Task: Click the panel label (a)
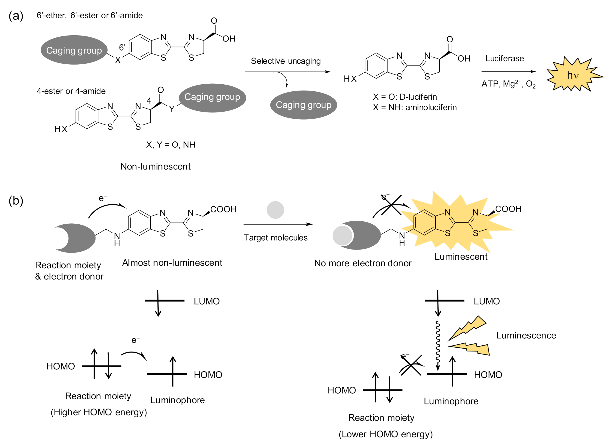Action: tap(16, 16)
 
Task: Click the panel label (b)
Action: tap(16, 201)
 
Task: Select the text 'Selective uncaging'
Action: tap(286, 61)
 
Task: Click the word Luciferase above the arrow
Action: tap(504, 58)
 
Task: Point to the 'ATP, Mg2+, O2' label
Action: tap(508, 84)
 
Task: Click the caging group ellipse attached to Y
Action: tap(212, 98)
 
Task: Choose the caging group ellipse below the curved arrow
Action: tap(303, 105)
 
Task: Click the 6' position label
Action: tap(122, 48)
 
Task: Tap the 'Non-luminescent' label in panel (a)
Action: tap(155, 166)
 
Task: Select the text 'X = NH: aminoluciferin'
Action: tap(415, 107)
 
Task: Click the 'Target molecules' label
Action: tap(275, 238)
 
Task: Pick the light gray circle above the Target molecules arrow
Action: tap(275, 210)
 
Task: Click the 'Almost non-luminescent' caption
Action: tap(172, 263)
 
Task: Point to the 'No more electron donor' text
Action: tap(363, 263)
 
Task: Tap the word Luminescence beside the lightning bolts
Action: tap(526, 335)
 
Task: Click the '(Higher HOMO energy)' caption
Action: tap(99, 412)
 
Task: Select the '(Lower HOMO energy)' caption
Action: tap(385, 434)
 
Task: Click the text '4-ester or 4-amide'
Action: tap(71, 91)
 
